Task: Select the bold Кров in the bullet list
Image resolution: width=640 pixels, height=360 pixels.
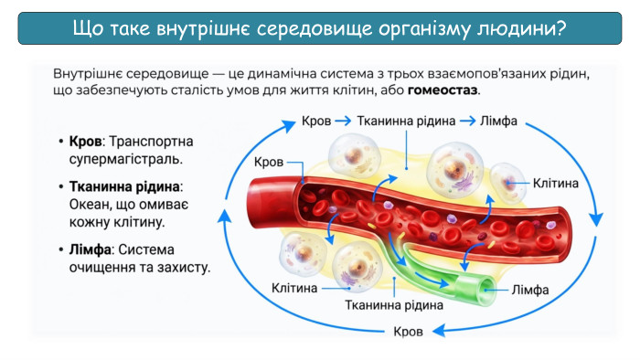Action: (x=85, y=142)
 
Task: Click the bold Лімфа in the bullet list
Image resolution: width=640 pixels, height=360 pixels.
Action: (x=90, y=249)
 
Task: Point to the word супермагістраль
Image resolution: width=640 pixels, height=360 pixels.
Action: (x=125, y=160)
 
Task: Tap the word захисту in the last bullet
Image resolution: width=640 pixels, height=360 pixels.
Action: (x=180, y=268)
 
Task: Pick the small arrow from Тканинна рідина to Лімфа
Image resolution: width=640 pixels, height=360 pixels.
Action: (x=466, y=121)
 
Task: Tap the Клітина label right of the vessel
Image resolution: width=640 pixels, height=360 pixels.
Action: (x=555, y=183)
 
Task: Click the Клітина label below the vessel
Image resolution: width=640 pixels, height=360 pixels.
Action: (x=294, y=289)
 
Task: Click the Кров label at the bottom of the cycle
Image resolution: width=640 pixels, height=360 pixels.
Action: (x=408, y=331)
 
